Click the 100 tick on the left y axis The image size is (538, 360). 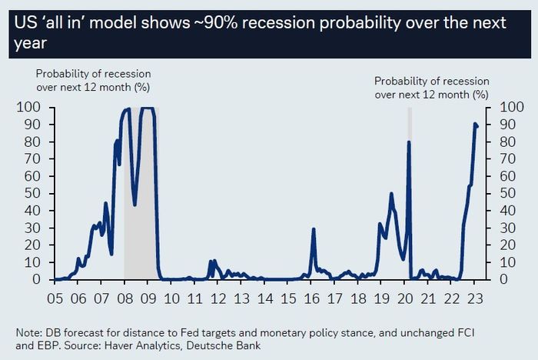[28, 108]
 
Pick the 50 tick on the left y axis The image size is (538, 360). [32, 194]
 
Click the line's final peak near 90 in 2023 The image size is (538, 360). [476, 124]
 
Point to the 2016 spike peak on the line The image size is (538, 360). [314, 228]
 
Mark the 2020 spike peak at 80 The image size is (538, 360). [409, 142]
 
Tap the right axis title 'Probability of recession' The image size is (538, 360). [431, 81]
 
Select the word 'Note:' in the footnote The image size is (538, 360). [29, 332]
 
